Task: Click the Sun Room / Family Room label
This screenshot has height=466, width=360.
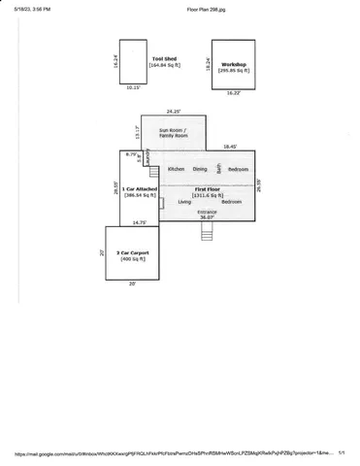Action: (x=172, y=132)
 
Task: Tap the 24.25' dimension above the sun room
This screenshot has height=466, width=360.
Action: (x=173, y=111)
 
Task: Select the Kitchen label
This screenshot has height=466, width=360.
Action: (x=177, y=169)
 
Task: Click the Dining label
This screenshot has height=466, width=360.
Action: (x=200, y=169)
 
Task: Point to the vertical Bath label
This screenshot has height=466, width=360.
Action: (x=219, y=168)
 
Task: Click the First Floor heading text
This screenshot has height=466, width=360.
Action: (x=207, y=188)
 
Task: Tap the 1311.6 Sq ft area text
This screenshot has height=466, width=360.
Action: (x=207, y=195)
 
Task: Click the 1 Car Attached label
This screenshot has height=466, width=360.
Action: (x=133, y=188)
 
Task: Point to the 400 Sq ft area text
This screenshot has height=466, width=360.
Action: (x=131, y=260)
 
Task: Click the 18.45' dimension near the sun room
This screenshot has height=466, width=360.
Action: (x=231, y=147)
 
